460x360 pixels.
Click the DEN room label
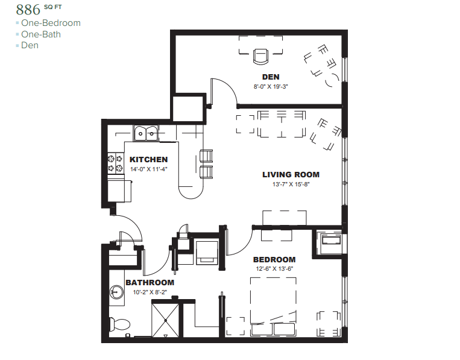pos(271,77)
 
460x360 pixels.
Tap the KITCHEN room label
pos(149,160)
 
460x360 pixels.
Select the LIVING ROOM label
pos(291,174)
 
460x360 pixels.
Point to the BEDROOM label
pos(274,260)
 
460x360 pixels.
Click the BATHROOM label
pos(150,283)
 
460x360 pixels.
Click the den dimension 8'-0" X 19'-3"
pos(271,87)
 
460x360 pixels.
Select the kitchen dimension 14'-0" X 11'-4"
pos(149,169)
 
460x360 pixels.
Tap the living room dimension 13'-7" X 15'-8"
pos(291,185)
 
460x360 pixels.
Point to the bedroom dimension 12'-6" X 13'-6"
pos(274,268)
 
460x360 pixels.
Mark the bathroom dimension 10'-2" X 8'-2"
pos(150,292)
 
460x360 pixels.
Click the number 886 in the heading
pos(28,10)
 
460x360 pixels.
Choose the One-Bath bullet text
pos(41,34)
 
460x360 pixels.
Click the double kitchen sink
pos(146,133)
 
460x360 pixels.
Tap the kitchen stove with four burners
pos(115,163)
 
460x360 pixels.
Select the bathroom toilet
pos(119,324)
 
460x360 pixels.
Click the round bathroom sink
pos(117,292)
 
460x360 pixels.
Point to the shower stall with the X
pos(165,320)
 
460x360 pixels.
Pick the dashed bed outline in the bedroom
pos(273,306)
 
